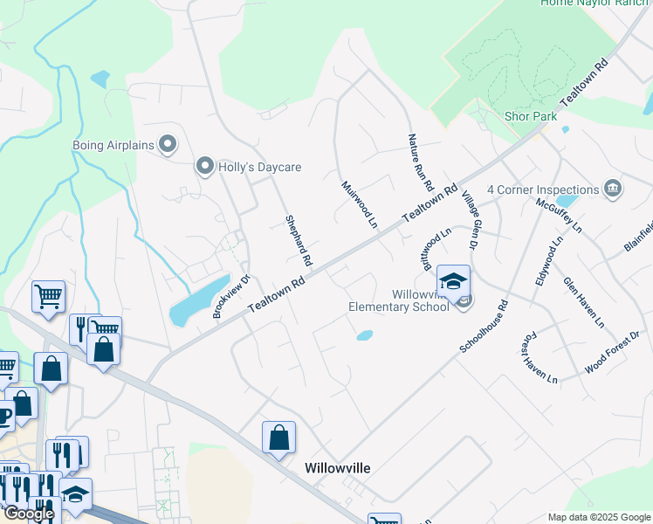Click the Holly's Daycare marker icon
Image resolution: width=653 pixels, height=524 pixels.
coord(205,166)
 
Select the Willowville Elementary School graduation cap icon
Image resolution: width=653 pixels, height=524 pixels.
coord(454,281)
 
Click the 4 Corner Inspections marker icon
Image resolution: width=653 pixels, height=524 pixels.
coord(613,189)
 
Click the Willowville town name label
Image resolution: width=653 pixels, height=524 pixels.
coord(337,468)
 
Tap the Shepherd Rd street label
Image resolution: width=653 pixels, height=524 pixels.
coord(299,240)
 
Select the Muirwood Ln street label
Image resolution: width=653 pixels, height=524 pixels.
coord(359,204)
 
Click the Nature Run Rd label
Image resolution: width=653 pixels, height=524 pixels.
coord(420,162)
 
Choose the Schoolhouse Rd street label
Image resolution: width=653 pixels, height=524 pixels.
coord(484,328)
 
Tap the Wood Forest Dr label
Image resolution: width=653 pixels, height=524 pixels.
coord(612,352)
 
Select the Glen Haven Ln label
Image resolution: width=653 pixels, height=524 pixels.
coord(584,302)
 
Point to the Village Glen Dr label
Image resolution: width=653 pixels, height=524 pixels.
coord(471,217)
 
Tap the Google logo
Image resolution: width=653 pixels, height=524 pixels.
coord(29,514)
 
